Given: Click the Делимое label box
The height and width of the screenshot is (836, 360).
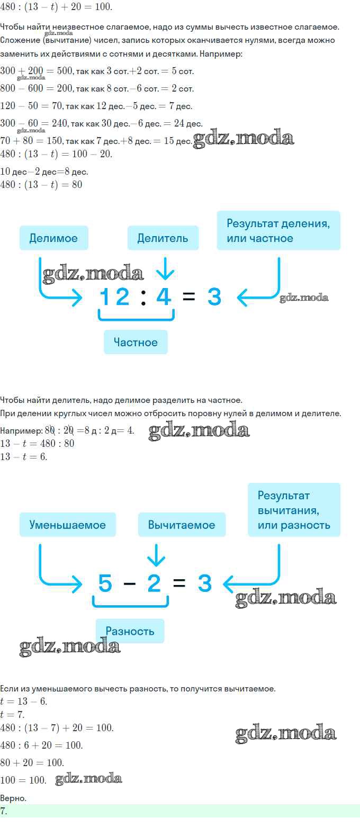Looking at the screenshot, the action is coord(53,238).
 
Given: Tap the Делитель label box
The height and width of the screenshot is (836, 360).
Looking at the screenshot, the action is coord(163,238).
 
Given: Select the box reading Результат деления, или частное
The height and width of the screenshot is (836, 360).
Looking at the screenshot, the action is coord(278,231).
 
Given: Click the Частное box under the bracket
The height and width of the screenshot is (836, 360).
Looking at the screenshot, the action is coord(136,342).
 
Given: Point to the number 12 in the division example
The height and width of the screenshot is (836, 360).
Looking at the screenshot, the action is coord(114,296).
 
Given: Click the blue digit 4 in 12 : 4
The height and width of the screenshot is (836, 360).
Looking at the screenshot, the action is coord(164,296).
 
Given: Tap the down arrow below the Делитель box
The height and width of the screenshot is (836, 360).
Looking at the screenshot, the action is coord(165,268).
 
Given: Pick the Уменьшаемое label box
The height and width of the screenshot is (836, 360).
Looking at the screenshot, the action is coord(68,525).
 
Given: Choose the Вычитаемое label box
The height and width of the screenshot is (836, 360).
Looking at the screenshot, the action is coord(182,525).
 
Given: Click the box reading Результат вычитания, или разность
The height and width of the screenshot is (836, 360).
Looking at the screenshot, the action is coord(294,510).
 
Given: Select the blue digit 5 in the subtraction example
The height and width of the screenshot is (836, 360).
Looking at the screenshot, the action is coord(105,583).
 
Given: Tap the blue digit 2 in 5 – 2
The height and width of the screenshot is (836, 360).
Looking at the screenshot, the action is coord(154,583).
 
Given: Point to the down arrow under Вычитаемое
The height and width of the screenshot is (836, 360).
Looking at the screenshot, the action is coord(156,555).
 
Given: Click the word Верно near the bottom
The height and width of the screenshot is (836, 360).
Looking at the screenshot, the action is coord(13,798).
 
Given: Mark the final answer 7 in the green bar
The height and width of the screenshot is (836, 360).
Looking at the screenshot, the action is coord(3,811).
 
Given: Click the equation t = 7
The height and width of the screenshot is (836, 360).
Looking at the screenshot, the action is coord(12,715).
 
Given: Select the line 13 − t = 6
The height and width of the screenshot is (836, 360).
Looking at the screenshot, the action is coord(23,457).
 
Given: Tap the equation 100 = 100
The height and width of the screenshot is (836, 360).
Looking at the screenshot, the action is coord(23,780).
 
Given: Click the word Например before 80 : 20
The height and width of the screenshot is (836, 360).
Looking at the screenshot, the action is coord(21,430).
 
